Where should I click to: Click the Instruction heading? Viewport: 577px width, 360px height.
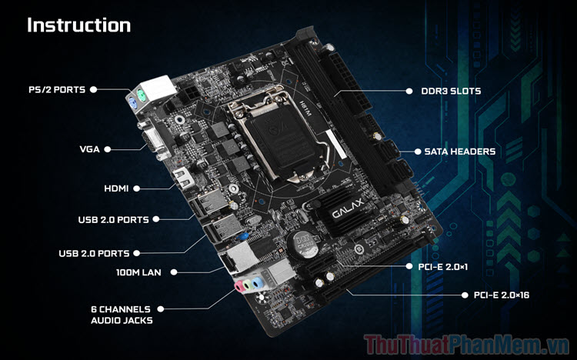click(x=78, y=25)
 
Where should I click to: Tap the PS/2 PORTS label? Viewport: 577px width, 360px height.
click(x=57, y=89)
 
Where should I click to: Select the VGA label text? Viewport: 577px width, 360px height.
click(x=89, y=148)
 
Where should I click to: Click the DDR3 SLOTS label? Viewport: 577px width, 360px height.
click(x=452, y=91)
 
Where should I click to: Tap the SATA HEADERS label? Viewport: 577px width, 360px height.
click(x=459, y=151)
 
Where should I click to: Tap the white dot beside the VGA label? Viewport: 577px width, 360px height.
click(x=108, y=148)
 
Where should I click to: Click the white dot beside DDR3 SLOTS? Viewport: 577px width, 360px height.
click(x=409, y=91)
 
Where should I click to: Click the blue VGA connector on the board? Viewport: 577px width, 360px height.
click(x=152, y=142)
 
